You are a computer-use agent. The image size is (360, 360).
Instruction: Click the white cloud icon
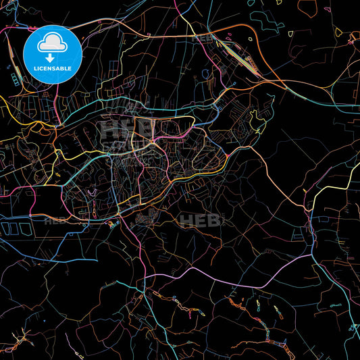pyautogui.click(x=52, y=43)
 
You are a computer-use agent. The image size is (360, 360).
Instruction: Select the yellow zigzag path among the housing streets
pyautogui.click(x=257, y=122)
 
